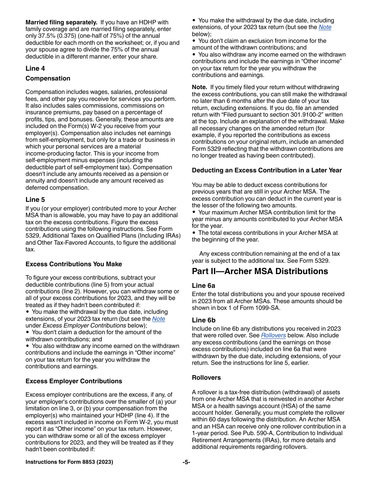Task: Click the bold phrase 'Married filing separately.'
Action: tap(61, 22)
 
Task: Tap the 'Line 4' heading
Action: tap(35, 68)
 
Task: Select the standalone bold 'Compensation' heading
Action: tap(48, 79)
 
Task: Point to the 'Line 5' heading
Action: tap(35, 199)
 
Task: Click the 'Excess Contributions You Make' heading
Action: tap(74, 264)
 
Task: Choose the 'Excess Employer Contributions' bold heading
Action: tap(74, 381)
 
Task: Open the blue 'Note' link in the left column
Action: tap(159, 319)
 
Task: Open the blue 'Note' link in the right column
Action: tap(325, 27)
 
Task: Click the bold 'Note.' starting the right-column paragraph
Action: tap(199, 87)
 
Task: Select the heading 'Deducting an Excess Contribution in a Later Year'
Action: tap(267, 170)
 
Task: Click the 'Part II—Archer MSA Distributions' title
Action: tap(260, 271)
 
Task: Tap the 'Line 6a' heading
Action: tap(203, 285)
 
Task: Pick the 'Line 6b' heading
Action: tap(203, 320)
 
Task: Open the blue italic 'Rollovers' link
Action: tap(273, 335)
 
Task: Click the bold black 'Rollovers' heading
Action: tap(206, 378)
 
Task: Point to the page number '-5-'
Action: tap(186, 462)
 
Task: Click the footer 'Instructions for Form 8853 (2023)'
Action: tap(69, 462)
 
